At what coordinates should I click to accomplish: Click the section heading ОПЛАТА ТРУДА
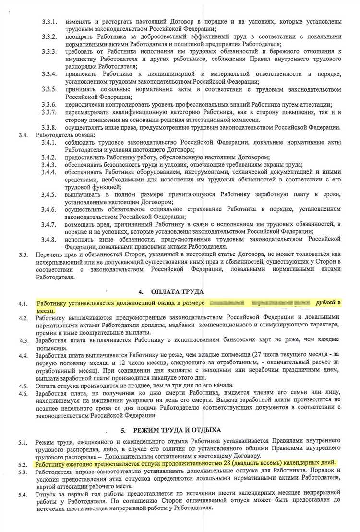tap(178, 291)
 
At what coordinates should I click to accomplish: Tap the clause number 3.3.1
tap(49, 22)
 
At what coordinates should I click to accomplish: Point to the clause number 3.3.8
tap(49, 127)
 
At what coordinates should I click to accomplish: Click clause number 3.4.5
tap(49, 195)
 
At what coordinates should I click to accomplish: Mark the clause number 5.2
tap(23, 465)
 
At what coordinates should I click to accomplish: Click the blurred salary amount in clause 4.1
tap(259, 303)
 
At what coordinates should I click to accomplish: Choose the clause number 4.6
tap(23, 394)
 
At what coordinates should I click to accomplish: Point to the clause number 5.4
tap(23, 494)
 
